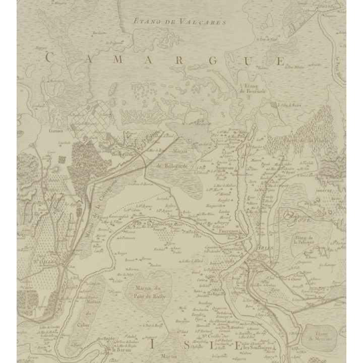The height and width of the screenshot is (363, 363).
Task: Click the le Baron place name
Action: click(x=121, y=350)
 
